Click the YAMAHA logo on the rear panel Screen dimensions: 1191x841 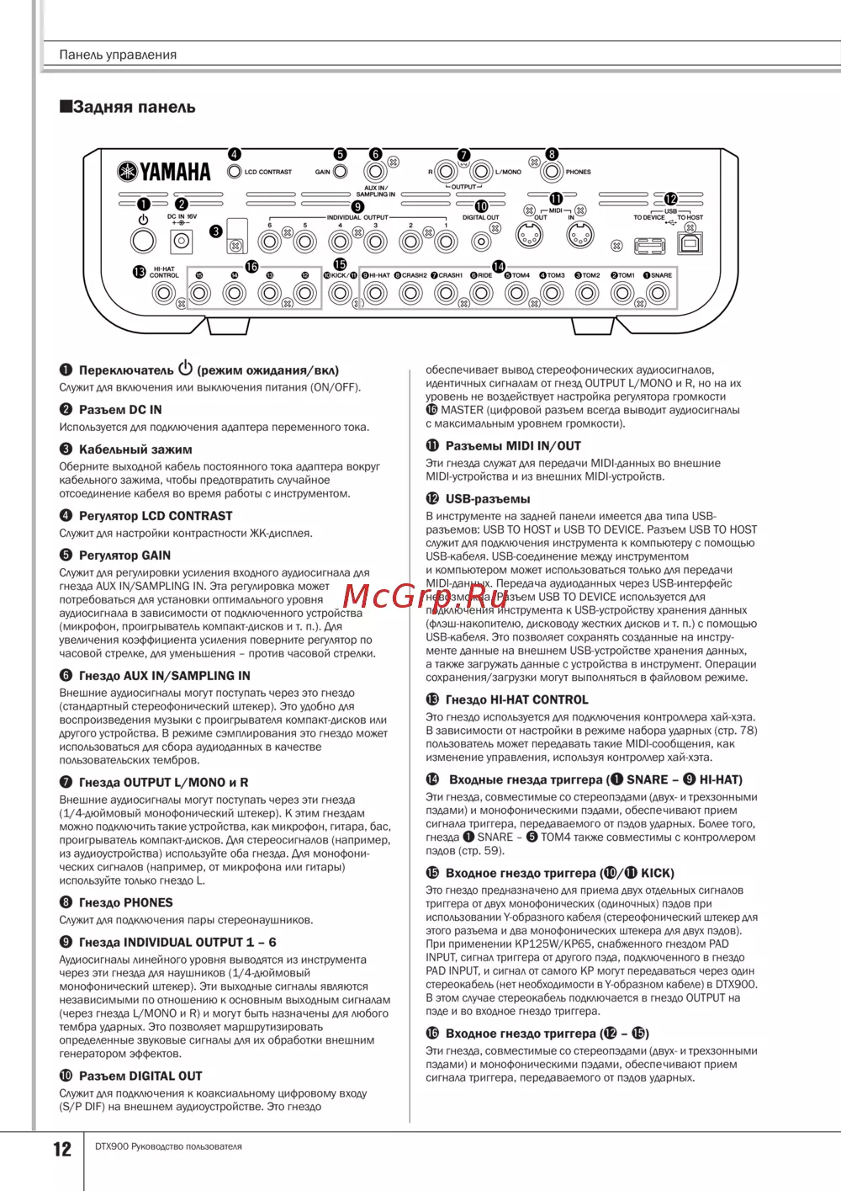pos(164,172)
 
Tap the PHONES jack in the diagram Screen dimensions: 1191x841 pos(552,172)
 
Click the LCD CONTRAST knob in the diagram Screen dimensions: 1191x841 pos(235,172)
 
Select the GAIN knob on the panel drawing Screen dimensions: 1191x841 pos(340,172)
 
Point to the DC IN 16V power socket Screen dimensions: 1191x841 pos(181,242)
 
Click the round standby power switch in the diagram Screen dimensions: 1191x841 pos(143,241)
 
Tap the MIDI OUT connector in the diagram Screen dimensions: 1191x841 pos(529,237)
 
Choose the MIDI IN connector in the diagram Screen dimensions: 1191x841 pos(580,237)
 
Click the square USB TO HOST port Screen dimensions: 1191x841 pos(690,244)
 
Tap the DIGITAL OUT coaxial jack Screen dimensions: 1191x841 pos(481,242)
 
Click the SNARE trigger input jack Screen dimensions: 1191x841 pos(658,294)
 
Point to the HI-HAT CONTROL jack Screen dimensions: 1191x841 pos(163,294)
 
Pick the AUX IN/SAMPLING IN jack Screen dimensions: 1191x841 pos(375,172)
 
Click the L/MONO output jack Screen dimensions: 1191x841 pos(481,171)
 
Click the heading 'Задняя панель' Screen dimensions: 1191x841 pos(128,107)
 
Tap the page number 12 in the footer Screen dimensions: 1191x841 pos(62,1149)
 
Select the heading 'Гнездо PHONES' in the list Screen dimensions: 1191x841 pos(125,902)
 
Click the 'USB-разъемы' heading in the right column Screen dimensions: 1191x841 pos(487,498)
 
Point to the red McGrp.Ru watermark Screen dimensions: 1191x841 pos(426,596)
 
